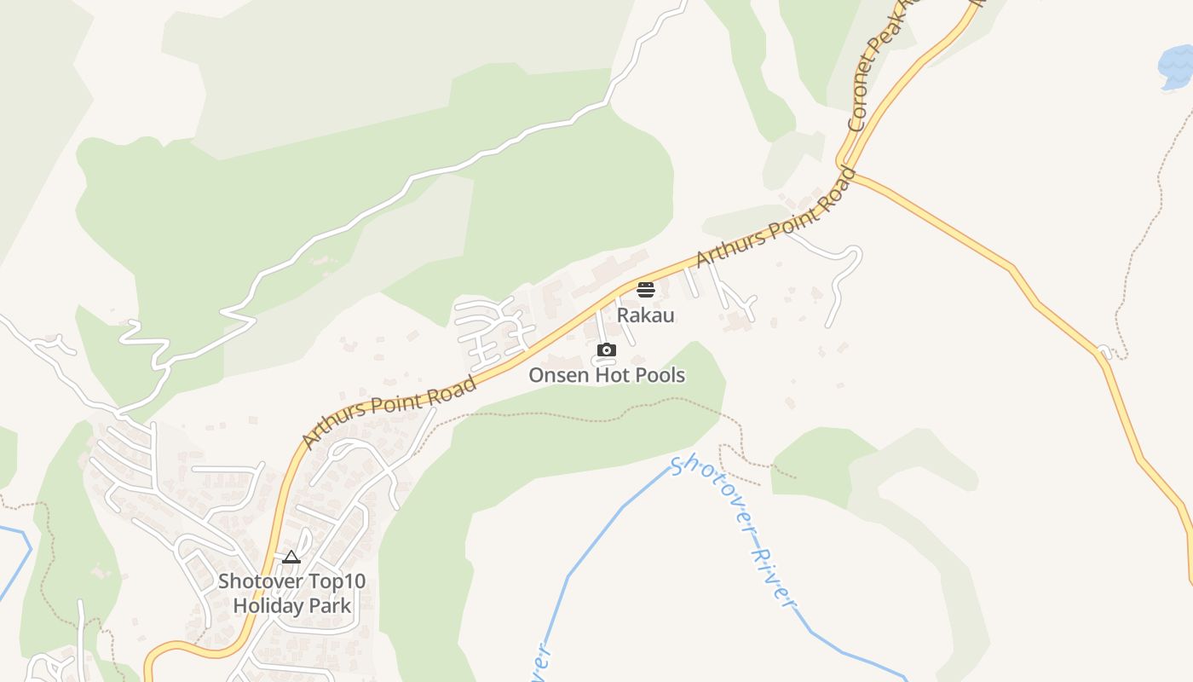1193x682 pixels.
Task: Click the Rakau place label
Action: (645, 315)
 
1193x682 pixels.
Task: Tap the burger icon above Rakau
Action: (645, 290)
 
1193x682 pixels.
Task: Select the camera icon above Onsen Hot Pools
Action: (607, 350)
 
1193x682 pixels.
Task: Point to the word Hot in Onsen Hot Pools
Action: (614, 375)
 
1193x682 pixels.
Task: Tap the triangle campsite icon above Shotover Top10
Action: (291, 558)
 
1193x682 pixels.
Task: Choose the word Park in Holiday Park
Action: (329, 606)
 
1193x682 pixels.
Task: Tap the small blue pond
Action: (1175, 66)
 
